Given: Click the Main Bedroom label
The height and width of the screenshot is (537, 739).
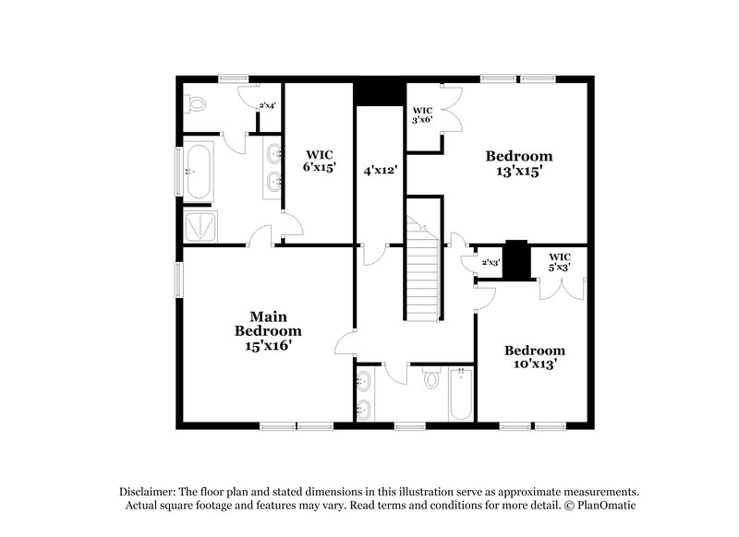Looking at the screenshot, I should (x=267, y=323).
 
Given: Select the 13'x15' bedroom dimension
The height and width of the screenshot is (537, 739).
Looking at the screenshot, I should (x=519, y=171).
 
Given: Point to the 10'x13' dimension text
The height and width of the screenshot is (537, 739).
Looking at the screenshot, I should (x=534, y=365).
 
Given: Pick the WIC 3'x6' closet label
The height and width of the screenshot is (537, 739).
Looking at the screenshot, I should (x=422, y=113).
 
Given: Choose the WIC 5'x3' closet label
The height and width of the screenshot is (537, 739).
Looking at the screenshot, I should (x=559, y=261).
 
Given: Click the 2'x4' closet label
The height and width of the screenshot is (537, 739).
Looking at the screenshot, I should (x=267, y=106).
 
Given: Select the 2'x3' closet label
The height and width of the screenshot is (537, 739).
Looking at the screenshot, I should (x=491, y=263).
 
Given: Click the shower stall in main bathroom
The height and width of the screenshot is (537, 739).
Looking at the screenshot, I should (x=200, y=224).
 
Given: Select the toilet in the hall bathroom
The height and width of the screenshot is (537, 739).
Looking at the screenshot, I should (x=430, y=379).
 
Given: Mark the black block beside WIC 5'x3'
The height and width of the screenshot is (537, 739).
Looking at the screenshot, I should (x=516, y=260).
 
